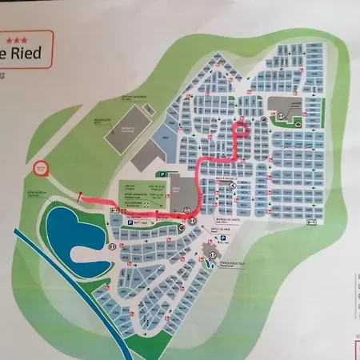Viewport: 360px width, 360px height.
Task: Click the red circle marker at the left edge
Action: point(43,167)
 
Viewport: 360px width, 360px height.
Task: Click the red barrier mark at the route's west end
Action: point(79,196)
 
